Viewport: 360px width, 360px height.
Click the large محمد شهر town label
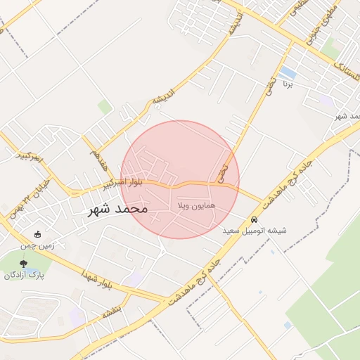click(x=117, y=209)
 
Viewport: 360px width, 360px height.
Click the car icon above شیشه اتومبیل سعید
click(x=254, y=219)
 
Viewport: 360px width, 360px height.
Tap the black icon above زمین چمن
click(x=37, y=234)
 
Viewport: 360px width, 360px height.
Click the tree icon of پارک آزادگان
click(x=24, y=264)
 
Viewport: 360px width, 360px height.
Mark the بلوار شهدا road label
click(x=96, y=278)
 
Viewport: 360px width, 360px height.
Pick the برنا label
click(x=287, y=83)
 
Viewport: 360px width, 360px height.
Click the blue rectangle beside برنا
click(x=287, y=72)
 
